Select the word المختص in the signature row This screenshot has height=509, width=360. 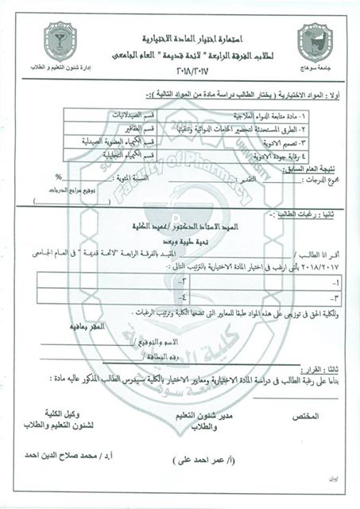pyautogui.click(x=305, y=417)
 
